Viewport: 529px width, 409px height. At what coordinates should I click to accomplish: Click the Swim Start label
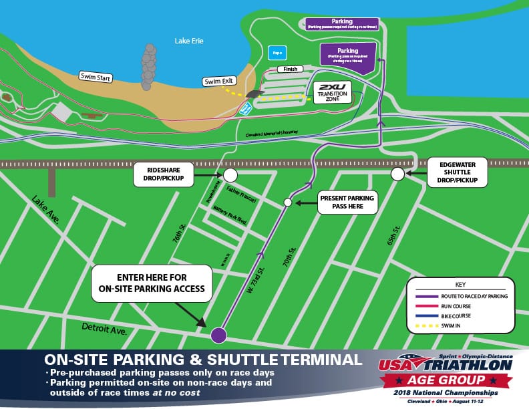[95, 76]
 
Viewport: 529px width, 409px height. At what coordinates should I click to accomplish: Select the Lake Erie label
[189, 41]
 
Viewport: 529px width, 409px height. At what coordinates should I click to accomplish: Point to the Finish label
[290, 68]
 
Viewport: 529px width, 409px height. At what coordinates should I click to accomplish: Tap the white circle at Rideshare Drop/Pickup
[230, 175]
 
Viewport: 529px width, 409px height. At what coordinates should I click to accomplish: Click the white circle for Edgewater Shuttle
[397, 174]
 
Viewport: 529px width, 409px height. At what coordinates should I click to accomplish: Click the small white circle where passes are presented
[288, 202]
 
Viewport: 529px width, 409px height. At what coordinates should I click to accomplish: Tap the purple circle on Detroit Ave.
[219, 335]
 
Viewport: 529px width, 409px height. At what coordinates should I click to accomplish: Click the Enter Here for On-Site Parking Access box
[152, 284]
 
